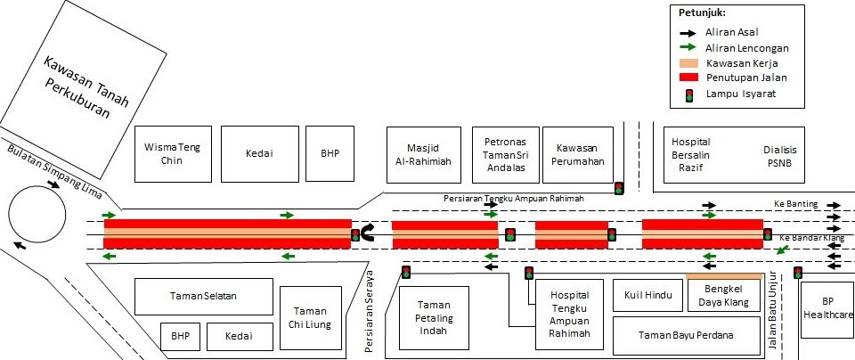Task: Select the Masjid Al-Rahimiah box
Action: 417,154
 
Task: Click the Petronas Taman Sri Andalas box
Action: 506,154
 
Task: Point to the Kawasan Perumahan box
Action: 580,154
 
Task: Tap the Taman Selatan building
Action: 204,296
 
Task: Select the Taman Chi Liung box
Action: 311,318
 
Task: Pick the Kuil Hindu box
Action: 646,295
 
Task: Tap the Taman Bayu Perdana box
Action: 686,336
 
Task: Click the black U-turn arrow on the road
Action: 366,234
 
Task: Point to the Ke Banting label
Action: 794,203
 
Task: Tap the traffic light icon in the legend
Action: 689,94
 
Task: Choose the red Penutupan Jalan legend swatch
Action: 689,78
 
